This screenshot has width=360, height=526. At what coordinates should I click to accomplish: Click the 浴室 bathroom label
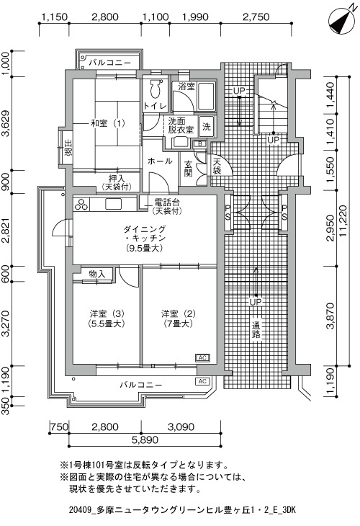pyautogui.click(x=186, y=86)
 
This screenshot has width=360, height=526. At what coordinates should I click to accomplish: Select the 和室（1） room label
pyautogui.click(x=107, y=123)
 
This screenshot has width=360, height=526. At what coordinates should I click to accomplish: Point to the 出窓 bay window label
pyautogui.click(x=68, y=148)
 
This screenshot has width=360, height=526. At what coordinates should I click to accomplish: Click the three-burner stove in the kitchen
pyautogui.click(x=81, y=204)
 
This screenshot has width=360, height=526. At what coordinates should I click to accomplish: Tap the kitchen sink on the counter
pyautogui.click(x=113, y=204)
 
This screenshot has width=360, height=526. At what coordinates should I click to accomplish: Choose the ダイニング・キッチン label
pyautogui.click(x=145, y=233)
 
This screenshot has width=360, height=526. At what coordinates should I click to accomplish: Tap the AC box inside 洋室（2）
pyautogui.click(x=202, y=358)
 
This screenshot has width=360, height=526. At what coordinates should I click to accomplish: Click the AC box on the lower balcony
pyautogui.click(x=202, y=381)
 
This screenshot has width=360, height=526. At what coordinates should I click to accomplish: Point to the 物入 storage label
pyautogui.click(x=97, y=275)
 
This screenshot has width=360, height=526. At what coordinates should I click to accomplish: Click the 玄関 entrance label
pyautogui.click(x=189, y=169)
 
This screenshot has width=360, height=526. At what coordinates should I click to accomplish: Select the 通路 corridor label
pyautogui.click(x=256, y=330)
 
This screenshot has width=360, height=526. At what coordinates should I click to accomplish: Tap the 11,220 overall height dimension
pyautogui.click(x=343, y=221)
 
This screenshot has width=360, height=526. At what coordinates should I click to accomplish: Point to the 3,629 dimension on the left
pyautogui.click(x=6, y=123)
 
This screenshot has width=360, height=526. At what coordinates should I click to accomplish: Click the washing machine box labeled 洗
pyautogui.click(x=206, y=127)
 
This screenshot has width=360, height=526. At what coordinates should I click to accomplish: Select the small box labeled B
pyautogui.click(x=200, y=143)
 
